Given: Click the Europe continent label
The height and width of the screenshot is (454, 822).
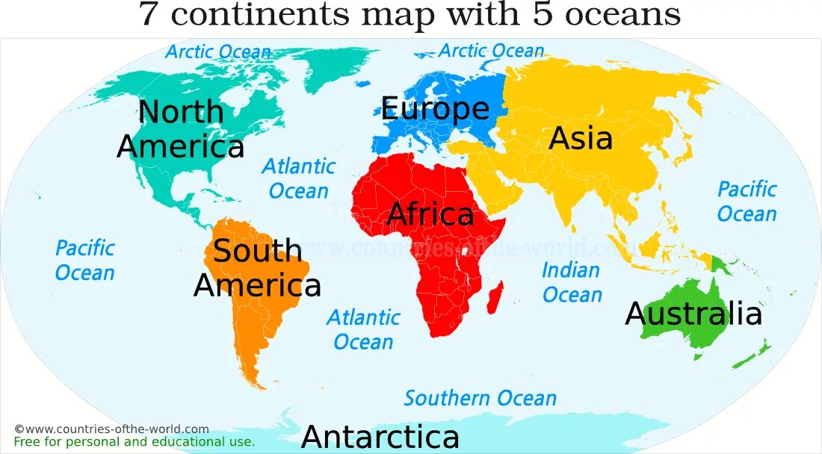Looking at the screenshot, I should coord(435,109).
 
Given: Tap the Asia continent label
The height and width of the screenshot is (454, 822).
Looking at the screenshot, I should coord(581,139).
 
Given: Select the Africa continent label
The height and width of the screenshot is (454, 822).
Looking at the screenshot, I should coord(430,215).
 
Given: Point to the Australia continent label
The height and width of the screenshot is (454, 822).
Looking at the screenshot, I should coord(693,314).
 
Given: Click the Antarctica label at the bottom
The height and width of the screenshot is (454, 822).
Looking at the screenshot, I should coord(380,437).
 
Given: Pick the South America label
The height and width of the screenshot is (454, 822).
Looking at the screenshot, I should coord(257,268).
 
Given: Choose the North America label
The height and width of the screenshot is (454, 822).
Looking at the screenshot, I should coord(181,129).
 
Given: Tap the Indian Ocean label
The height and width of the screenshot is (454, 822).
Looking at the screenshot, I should coord(572,282).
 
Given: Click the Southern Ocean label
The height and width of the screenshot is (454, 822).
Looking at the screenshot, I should coord(480,398).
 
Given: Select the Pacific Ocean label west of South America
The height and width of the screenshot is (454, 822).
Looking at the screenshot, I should coord(85,260).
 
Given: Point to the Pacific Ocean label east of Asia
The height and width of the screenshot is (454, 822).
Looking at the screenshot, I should coord(747,202).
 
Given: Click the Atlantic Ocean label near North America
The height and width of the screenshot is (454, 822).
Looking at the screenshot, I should coord(298,178).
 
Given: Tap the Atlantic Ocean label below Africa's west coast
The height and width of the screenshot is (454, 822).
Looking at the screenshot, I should coord(363,329).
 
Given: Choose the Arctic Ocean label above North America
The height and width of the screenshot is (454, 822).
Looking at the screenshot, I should coord(217,52).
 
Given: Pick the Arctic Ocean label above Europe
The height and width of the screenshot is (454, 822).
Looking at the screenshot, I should coord(491,51).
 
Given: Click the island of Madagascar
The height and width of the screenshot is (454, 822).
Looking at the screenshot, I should coord(495,296).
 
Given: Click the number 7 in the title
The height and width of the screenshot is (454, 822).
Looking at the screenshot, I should coord(149,14).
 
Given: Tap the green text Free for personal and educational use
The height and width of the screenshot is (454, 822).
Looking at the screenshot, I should coord(135,441).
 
